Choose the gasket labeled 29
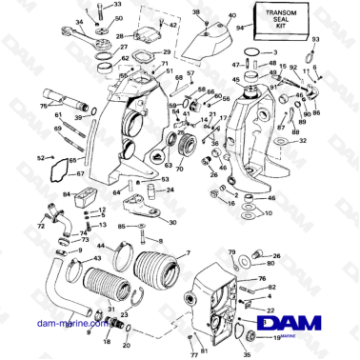pyautogui.click(x=141, y=53)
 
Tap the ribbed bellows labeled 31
pyautogui.click(x=100, y=286)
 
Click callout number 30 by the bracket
pyautogui.click(x=170, y=222)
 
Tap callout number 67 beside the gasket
pyautogui.click(x=80, y=173)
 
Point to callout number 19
pyautogui.click(x=277, y=337)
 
